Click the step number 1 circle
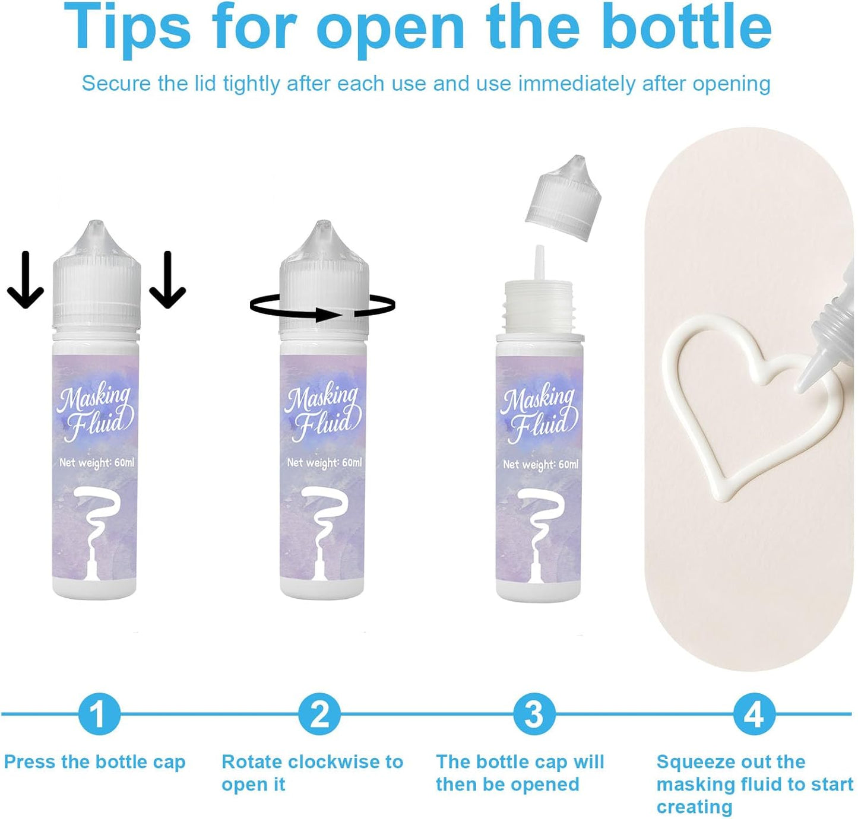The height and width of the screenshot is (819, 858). pyautogui.click(x=99, y=714)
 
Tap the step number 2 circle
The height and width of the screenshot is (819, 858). pyautogui.click(x=319, y=714)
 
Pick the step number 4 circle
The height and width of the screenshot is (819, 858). pyautogui.click(x=755, y=714)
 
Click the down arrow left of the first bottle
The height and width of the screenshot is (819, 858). pyautogui.click(x=26, y=280)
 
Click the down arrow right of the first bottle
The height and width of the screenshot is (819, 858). pyautogui.click(x=167, y=280)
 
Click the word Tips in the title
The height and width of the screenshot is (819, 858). pyautogui.click(x=128, y=27)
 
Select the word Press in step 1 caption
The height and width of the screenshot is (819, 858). pyautogui.click(x=30, y=762)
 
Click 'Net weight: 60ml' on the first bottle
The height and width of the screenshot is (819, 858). pyautogui.click(x=97, y=463)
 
